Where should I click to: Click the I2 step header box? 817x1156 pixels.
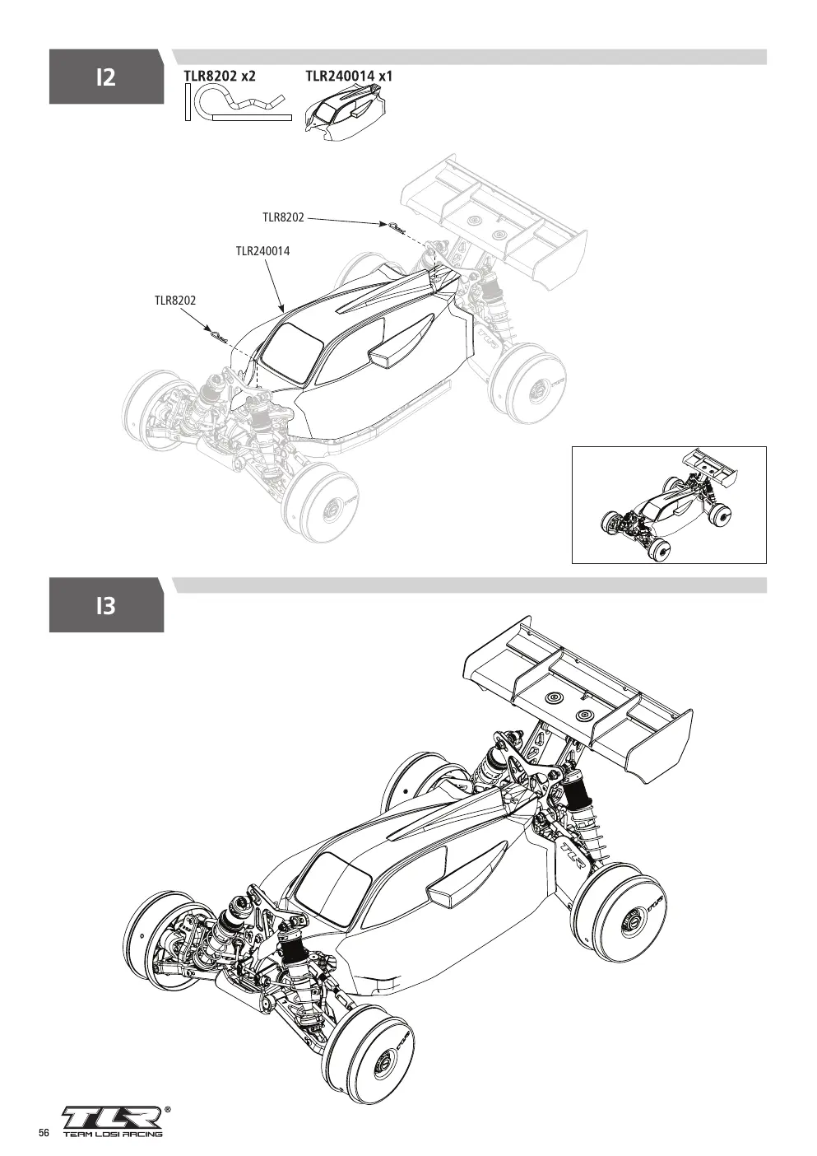click(x=106, y=77)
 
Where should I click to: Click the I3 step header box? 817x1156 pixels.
click(x=106, y=605)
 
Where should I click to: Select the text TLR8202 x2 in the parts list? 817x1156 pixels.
click(x=220, y=76)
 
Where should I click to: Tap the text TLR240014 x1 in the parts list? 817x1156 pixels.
click(x=349, y=76)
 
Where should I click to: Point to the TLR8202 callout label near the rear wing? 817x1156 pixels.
click(x=283, y=217)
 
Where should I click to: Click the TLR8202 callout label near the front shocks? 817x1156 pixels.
click(x=175, y=301)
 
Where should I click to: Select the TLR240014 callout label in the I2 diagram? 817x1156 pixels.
click(x=262, y=251)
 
